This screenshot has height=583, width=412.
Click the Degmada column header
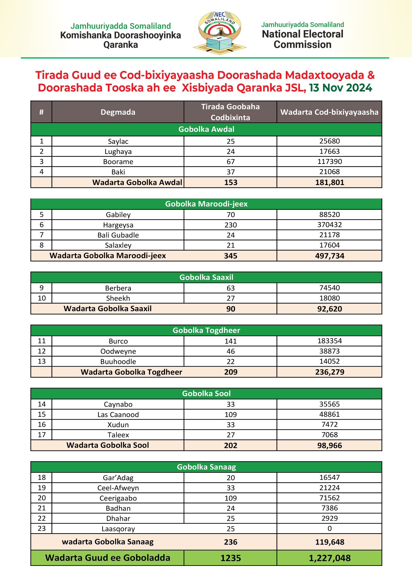coord(118,112)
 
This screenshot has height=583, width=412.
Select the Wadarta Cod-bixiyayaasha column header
coord(329,112)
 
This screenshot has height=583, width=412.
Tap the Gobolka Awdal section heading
coord(206,129)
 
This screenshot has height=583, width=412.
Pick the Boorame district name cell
coord(118,162)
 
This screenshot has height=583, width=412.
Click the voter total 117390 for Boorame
coord(329,162)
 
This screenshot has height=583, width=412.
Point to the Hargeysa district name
coord(118,225)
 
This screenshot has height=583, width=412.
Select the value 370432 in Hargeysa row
coord(329,225)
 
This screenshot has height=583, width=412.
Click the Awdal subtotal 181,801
coord(329,182)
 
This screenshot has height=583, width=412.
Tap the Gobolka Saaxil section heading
coord(206,277)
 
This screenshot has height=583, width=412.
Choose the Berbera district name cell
coord(118,288)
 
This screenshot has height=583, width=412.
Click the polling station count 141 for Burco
coord(230,341)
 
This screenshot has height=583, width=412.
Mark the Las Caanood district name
coord(118,414)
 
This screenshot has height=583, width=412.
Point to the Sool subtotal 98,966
coord(329,446)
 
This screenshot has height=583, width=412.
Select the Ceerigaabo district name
coord(118,498)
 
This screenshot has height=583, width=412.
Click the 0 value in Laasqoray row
coord(329,529)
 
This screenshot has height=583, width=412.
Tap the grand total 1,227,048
coord(329,558)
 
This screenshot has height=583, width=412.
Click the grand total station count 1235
coord(230,558)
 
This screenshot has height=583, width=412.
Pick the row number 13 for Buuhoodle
coord(42,362)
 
